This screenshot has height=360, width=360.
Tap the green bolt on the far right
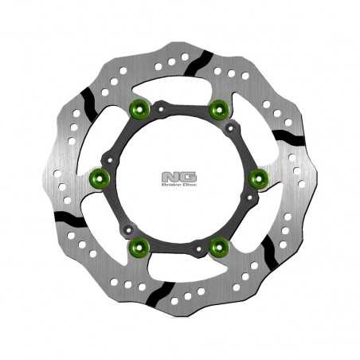point(259,179)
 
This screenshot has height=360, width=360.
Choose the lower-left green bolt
point(140,248)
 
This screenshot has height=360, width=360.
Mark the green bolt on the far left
point(100,179)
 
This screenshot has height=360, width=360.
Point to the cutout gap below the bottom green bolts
point(179,271)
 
